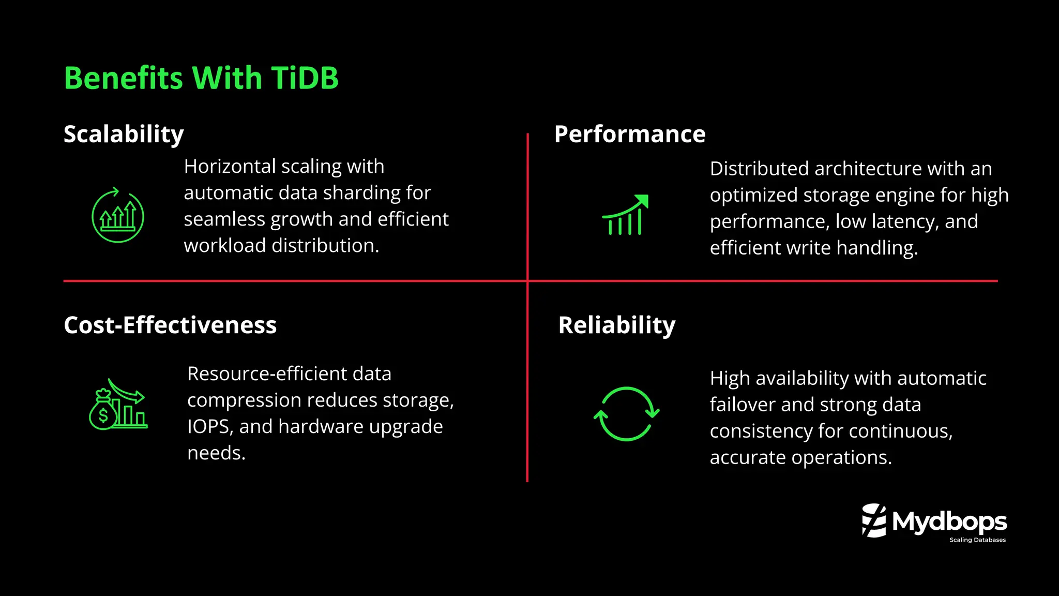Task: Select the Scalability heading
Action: click(124, 134)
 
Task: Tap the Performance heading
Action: click(629, 134)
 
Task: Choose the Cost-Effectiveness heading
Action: click(170, 325)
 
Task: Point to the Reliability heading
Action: click(616, 325)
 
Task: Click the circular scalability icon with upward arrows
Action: click(118, 216)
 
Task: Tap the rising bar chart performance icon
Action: click(625, 215)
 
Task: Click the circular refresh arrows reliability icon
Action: click(626, 414)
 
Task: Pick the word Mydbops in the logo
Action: click(949, 521)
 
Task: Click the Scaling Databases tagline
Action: click(977, 540)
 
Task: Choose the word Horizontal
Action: click(230, 167)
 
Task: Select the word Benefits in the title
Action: click(124, 78)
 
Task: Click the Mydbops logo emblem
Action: click(874, 520)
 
